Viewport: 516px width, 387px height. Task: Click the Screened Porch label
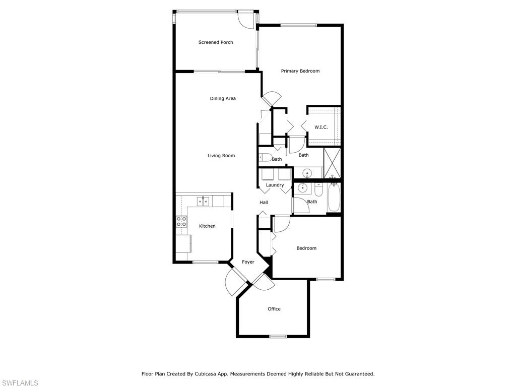coord(216,42)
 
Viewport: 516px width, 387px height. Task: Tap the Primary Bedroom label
coord(300,71)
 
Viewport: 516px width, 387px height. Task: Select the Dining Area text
coord(223,98)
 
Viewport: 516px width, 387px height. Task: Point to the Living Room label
coord(221,156)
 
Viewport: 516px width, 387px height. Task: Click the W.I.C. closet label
coord(321,127)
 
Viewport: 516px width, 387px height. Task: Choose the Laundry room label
coord(275,185)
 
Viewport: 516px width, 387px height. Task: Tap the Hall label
coord(264,203)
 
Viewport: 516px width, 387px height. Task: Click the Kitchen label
coord(207,226)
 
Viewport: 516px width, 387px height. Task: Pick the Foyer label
coord(248,262)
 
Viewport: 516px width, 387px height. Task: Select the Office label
coord(274,309)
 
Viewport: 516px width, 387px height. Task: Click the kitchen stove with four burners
coord(181,221)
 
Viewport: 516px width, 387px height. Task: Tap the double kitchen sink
coord(203,201)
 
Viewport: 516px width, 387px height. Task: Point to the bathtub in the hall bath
coord(334,198)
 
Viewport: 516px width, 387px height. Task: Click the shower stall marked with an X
coord(332,163)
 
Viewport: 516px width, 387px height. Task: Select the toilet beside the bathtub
coord(319,189)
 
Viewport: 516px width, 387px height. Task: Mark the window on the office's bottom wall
coord(278,336)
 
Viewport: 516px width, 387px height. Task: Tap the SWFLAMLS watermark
coord(19,383)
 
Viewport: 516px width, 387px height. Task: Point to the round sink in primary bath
coord(307,173)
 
